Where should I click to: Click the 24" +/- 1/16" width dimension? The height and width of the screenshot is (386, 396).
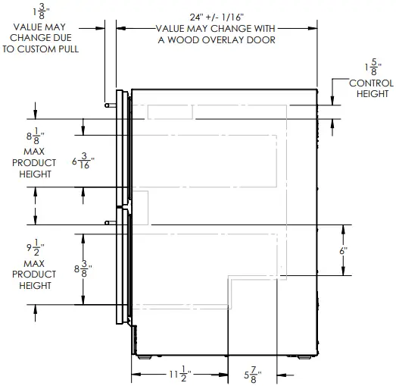pyautogui.click(x=216, y=16)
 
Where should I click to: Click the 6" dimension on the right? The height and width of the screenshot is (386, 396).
pyautogui.click(x=343, y=250)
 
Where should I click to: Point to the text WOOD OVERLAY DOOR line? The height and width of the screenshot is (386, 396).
pyautogui.click(x=216, y=39)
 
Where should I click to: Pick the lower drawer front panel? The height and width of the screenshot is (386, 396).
pyautogui.click(x=120, y=265)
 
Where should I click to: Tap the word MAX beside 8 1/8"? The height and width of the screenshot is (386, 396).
pyautogui.click(x=38, y=151)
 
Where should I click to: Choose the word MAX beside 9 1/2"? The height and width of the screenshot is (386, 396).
pyautogui.click(x=38, y=262)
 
